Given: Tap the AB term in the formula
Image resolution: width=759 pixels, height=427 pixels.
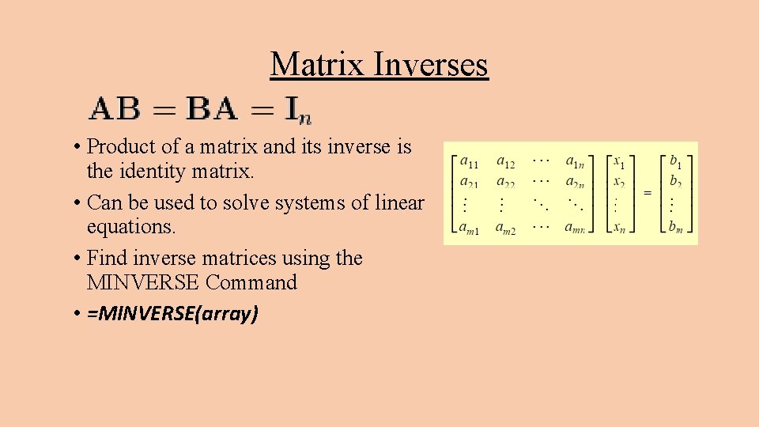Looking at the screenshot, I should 115,109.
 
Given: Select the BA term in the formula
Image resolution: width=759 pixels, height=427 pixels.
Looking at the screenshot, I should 213,109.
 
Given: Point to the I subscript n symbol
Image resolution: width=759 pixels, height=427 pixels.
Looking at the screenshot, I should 299,111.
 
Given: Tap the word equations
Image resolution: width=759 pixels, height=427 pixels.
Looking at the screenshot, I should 131,227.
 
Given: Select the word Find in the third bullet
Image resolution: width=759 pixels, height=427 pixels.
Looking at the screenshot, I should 106,258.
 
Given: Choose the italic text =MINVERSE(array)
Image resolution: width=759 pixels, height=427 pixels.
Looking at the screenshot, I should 173,314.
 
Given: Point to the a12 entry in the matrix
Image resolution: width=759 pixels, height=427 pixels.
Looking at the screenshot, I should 506,163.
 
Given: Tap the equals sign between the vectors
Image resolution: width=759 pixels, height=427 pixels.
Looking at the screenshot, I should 648,193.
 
